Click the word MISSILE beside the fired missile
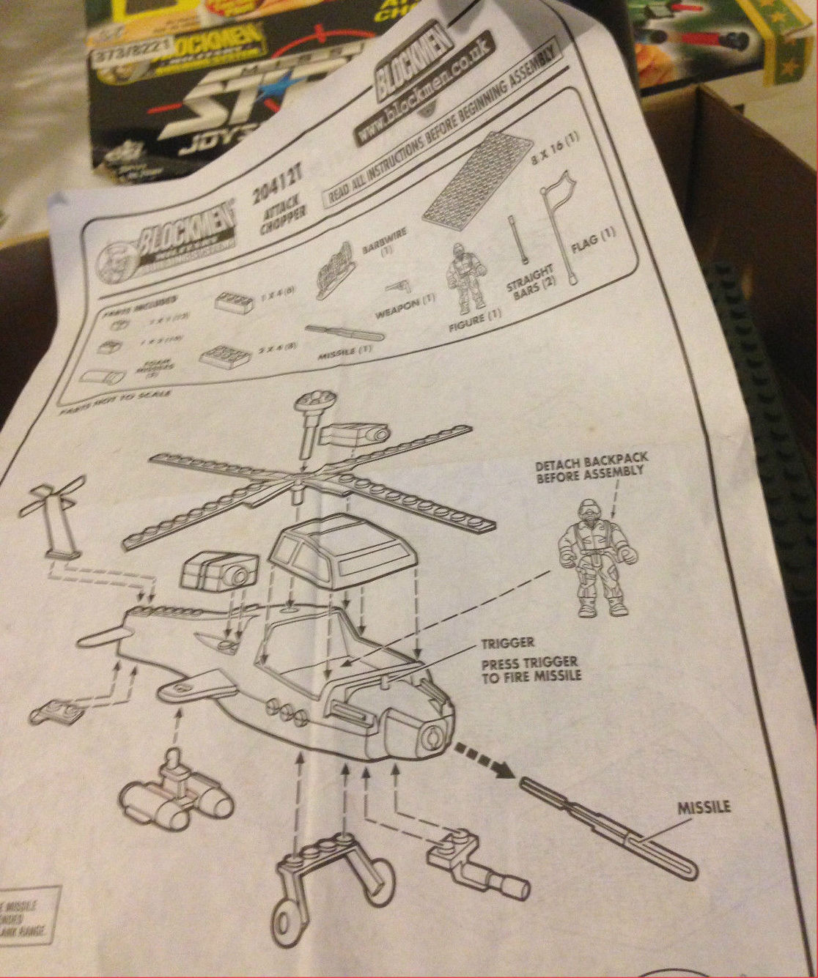coord(704,807)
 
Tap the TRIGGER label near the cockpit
coord(507,643)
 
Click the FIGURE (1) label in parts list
coord(475,322)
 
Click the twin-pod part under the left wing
coord(176,796)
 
